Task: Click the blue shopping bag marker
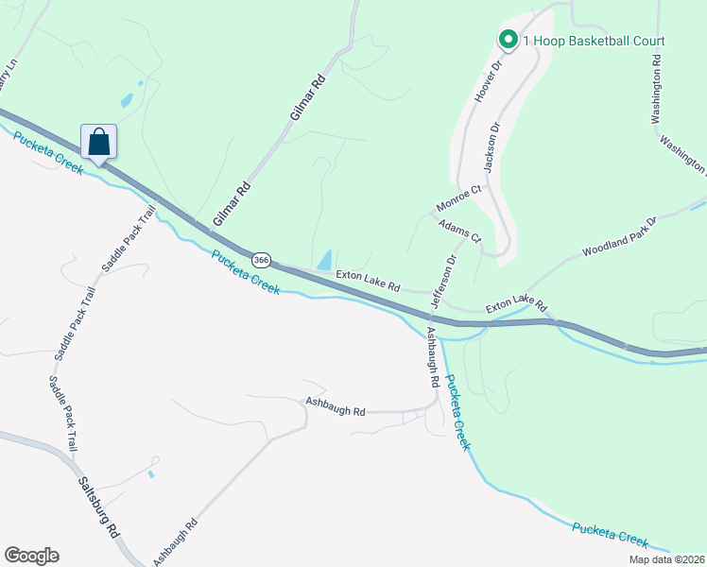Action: pyautogui.click(x=99, y=143)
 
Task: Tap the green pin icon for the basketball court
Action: pyautogui.click(x=507, y=40)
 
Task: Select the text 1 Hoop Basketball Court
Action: pyautogui.click(x=594, y=41)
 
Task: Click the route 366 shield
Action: pyautogui.click(x=262, y=259)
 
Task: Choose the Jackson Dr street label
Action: pyautogui.click(x=491, y=146)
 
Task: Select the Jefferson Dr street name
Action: pyautogui.click(x=443, y=280)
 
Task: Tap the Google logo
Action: pyautogui.click(x=31, y=556)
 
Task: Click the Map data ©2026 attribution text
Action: pyautogui.click(x=666, y=559)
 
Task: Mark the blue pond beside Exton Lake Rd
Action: pyautogui.click(x=324, y=258)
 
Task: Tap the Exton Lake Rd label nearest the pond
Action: pyautogui.click(x=369, y=281)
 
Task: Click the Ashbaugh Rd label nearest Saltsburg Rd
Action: pyautogui.click(x=175, y=540)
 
